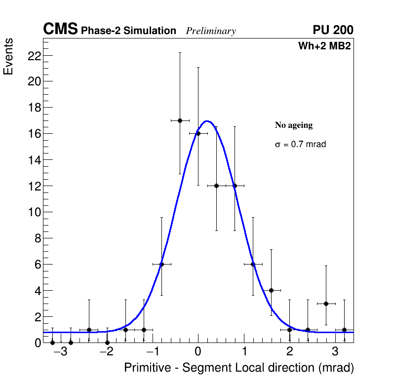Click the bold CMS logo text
point(60,30)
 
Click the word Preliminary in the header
point(211,31)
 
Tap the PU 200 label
point(333,30)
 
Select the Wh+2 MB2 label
point(324,46)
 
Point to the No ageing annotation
point(294,125)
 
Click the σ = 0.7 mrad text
point(300,145)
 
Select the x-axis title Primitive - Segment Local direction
point(239,368)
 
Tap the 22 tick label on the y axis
point(34,55)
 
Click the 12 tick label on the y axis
point(34,186)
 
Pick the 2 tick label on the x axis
point(289,352)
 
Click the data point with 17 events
point(180,120)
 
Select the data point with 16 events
point(198,133)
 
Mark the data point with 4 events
point(271,290)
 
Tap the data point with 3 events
point(326,304)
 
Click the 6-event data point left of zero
point(161,264)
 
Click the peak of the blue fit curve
point(207,121)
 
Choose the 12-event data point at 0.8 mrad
point(235,186)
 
